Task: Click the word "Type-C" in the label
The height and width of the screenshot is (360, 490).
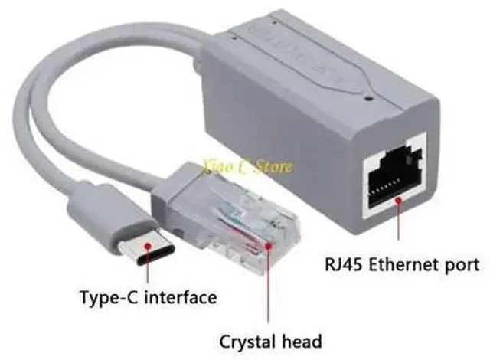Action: coord(109,296)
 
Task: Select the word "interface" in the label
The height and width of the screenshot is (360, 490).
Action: coord(178,296)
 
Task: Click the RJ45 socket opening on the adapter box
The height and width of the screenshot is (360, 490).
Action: coord(394,176)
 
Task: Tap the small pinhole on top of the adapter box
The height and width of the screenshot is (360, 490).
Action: coord(371,98)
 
